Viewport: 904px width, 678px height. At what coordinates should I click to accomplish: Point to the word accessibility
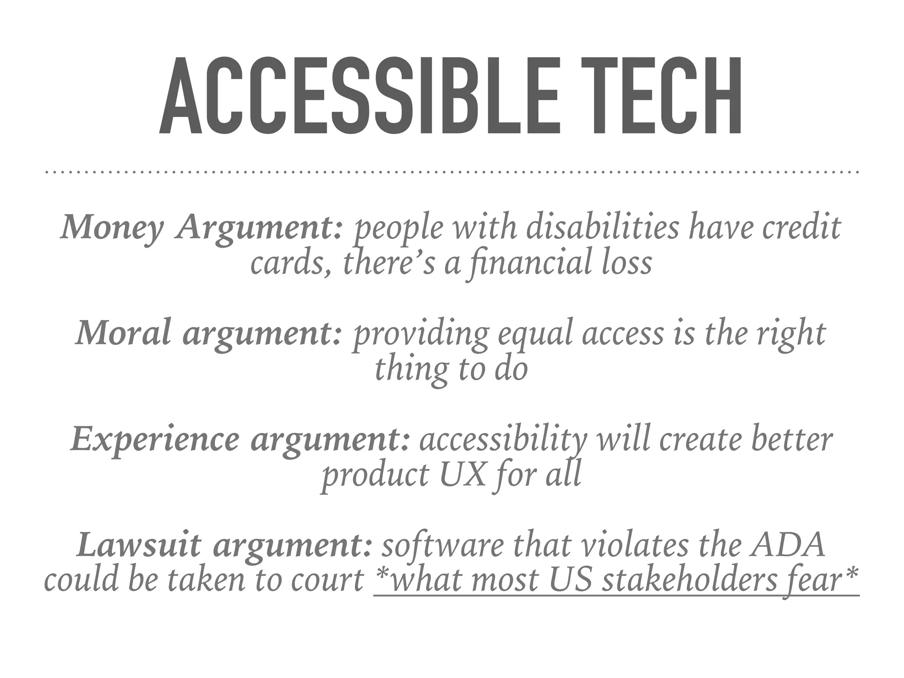pyautogui.click(x=503, y=441)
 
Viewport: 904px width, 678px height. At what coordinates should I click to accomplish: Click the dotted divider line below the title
pyautogui.click(x=452, y=172)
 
